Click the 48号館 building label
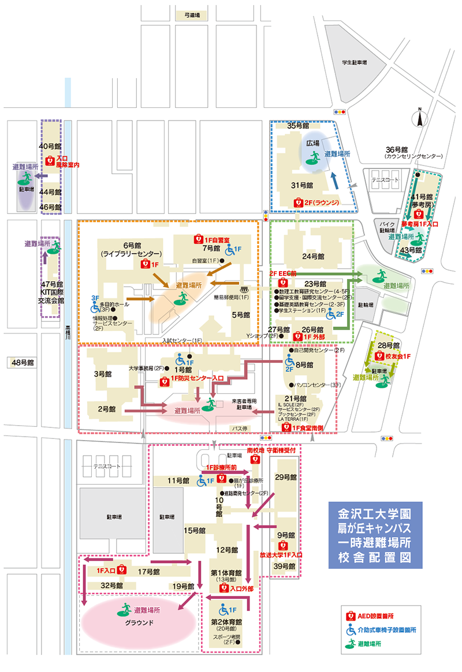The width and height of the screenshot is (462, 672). pos(23,362)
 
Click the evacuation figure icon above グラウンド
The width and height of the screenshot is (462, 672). pos(125,609)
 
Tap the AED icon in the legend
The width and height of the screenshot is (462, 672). pos(350,617)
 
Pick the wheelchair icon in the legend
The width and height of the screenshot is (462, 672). pos(350,630)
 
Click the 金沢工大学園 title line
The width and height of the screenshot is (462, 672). pos(373,514)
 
